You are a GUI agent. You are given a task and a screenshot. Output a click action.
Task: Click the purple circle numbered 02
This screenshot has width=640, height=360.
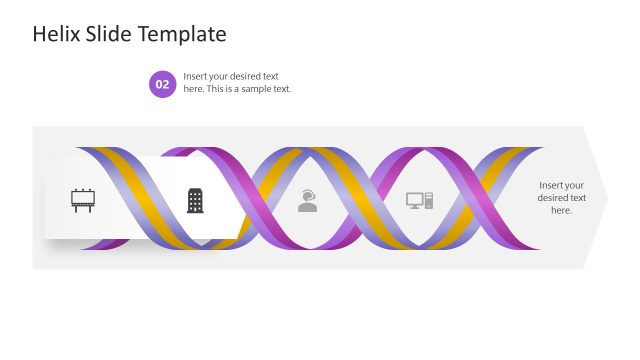tap(163, 84)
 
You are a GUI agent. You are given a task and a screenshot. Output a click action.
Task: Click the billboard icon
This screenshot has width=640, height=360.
tap(83, 200)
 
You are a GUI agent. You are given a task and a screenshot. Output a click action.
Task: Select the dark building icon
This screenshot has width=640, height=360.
tap(195, 200)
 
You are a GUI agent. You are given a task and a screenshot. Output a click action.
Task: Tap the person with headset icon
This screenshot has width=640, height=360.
tap(308, 201)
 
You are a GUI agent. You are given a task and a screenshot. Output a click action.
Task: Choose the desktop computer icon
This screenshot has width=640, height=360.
tap(420, 200)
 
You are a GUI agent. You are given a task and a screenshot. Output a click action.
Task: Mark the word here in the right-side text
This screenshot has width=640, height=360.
tap(561, 211)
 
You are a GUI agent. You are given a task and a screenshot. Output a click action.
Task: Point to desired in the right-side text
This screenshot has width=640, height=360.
tap(554, 198)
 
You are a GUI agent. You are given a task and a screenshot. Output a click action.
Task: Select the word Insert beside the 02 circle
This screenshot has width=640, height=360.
tap(196, 77)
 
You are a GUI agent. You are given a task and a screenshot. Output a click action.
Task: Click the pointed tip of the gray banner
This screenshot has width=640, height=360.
tap(606, 198)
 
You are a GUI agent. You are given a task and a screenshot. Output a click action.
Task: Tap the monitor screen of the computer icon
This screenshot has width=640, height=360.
tap(415, 199)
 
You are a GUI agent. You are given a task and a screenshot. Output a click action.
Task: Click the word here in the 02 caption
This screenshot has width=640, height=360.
tap(193, 90)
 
